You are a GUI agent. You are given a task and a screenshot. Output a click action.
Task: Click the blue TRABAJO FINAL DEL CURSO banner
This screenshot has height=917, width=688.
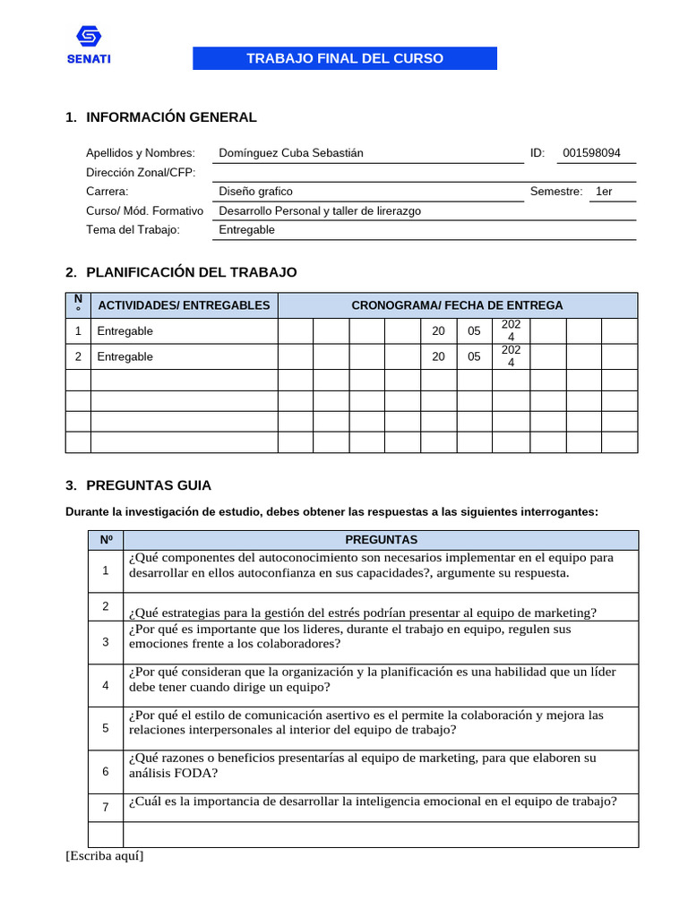tap(345, 58)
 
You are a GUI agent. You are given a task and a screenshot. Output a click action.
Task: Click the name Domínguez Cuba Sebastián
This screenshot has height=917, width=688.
tap(291, 153)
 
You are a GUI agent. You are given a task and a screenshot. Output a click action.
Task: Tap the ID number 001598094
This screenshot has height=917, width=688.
tap(591, 153)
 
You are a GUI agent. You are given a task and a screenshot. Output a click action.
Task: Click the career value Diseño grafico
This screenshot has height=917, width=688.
tap(255, 192)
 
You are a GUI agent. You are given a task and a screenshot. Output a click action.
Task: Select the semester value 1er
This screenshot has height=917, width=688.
tap(604, 192)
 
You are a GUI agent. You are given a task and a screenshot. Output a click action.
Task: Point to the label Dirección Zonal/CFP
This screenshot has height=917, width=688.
tap(141, 172)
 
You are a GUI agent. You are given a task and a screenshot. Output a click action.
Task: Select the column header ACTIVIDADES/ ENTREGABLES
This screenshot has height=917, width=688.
tap(184, 305)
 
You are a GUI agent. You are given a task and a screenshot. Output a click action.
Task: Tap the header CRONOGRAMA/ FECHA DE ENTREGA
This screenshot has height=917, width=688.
tap(457, 305)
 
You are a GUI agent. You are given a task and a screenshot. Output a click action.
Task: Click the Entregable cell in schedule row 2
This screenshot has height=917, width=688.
tap(125, 356)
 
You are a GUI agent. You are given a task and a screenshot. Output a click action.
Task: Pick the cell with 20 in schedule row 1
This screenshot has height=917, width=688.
tap(438, 331)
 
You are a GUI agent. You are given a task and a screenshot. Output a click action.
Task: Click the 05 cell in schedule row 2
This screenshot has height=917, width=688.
tap(474, 356)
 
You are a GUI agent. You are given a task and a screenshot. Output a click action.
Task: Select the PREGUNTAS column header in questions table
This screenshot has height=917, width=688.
tap(381, 540)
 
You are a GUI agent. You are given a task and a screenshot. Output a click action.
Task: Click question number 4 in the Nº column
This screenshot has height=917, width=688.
tap(106, 685)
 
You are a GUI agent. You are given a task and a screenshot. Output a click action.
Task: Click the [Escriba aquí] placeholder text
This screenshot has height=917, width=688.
tap(105, 855)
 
